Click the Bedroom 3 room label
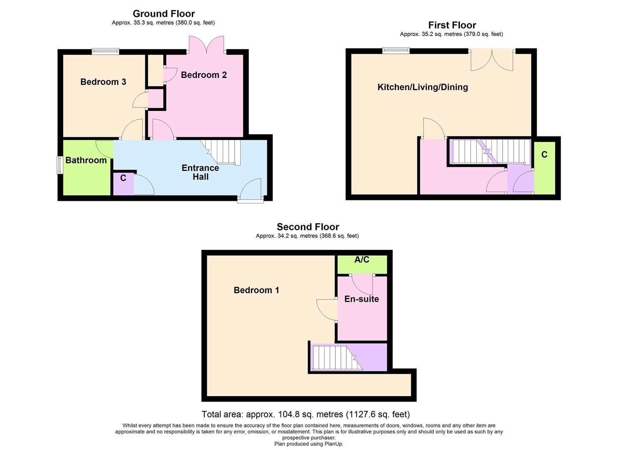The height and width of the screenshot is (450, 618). click(x=103, y=82)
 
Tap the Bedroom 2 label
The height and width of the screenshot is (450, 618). click(x=204, y=75)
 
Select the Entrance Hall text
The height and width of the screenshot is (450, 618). click(x=200, y=172)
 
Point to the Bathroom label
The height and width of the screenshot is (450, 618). click(x=86, y=160)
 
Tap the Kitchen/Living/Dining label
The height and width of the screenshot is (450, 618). click(x=422, y=87)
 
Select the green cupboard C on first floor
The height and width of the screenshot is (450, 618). click(x=544, y=167)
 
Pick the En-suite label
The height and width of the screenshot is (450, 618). click(x=361, y=299)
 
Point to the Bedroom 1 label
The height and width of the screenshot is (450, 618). click(x=256, y=290)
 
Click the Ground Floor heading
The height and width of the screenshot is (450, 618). click(x=164, y=14)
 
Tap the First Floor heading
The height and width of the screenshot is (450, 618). click(x=452, y=25)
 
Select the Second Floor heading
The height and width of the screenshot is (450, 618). click(x=308, y=227)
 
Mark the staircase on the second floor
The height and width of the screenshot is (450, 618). click(x=335, y=357)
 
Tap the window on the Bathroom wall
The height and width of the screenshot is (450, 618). click(x=60, y=165)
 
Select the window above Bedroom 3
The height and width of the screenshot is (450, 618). click(x=105, y=52)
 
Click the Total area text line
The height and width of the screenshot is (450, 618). click(x=305, y=415)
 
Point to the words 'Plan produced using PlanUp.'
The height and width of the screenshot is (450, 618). click(x=308, y=444)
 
